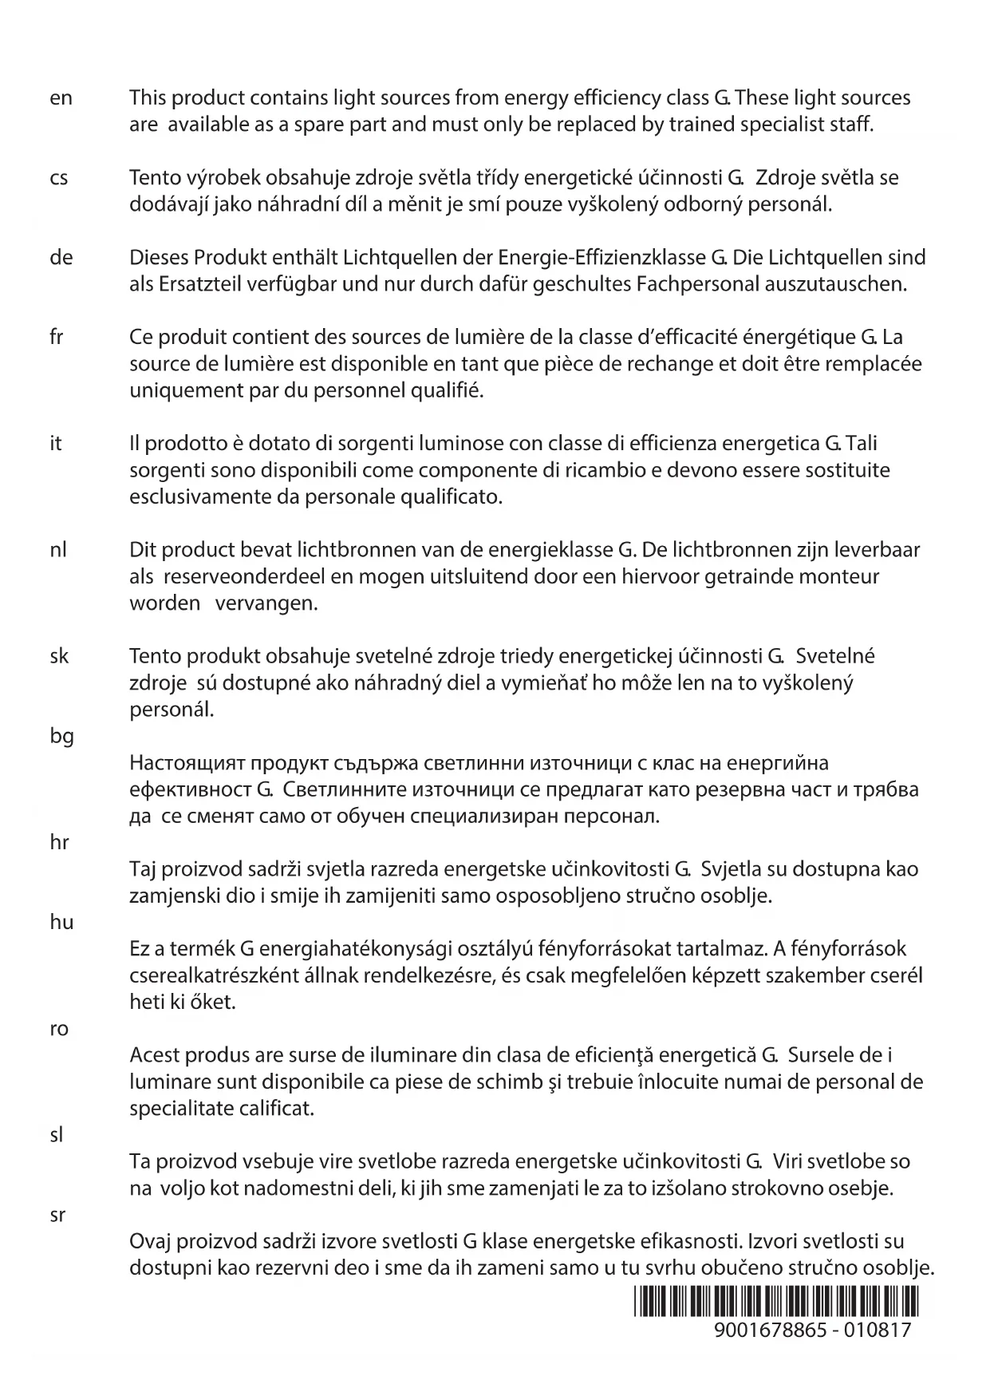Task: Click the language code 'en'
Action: coord(61,98)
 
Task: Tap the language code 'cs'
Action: coord(59,178)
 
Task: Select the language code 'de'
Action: coord(61,258)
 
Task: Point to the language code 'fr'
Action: coord(56,338)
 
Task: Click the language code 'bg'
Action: coord(61,736)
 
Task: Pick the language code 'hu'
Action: coord(61,923)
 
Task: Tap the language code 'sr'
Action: coord(57,1216)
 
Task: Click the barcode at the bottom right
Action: coord(776,1302)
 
